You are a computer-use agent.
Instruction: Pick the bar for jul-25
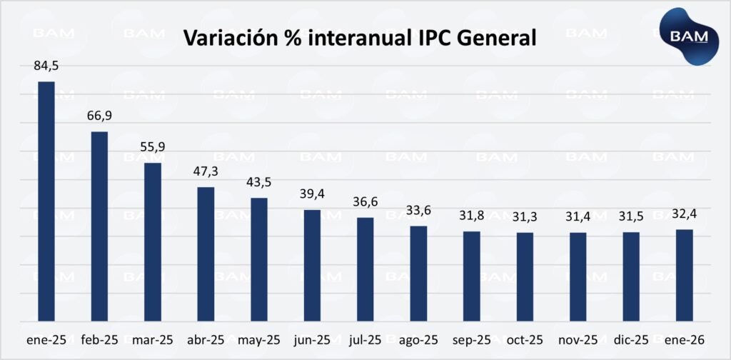coord(365,269)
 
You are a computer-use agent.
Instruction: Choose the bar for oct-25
coord(525,277)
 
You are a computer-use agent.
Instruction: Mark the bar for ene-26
coord(684,276)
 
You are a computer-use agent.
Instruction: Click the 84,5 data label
coord(46,66)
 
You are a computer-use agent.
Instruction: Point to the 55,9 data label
coord(153,148)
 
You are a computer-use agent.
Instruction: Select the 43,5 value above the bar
coord(258,183)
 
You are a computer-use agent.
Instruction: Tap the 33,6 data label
coord(418,211)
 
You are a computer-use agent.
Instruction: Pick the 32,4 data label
coord(684,214)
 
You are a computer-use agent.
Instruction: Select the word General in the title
coord(495,38)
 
